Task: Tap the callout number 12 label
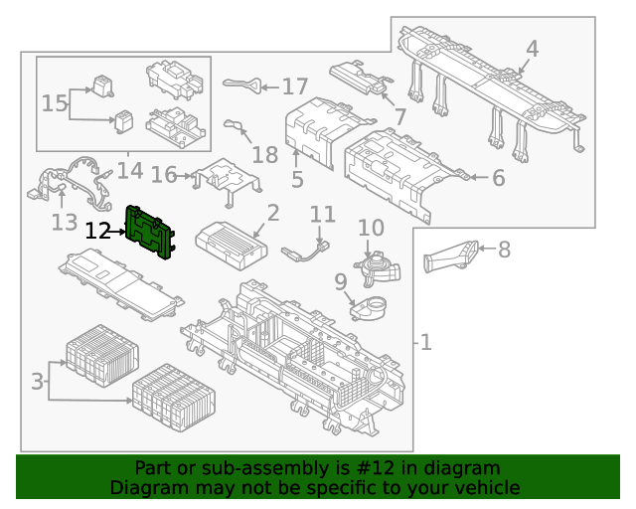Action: coord(97,232)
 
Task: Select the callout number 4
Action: coord(532,49)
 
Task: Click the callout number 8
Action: coord(504,250)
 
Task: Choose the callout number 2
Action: coord(272,212)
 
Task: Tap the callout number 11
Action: coord(323,215)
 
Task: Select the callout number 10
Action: coord(371,229)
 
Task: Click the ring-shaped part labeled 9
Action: coord(370,307)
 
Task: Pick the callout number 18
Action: coord(264,154)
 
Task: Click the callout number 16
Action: coord(164,176)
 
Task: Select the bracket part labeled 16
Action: coord(227,178)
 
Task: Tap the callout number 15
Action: coord(55,102)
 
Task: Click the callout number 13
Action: coord(64,221)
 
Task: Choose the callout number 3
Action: coord(38,381)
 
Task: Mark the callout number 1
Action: coord(425,343)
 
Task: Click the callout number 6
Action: coord(498,179)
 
